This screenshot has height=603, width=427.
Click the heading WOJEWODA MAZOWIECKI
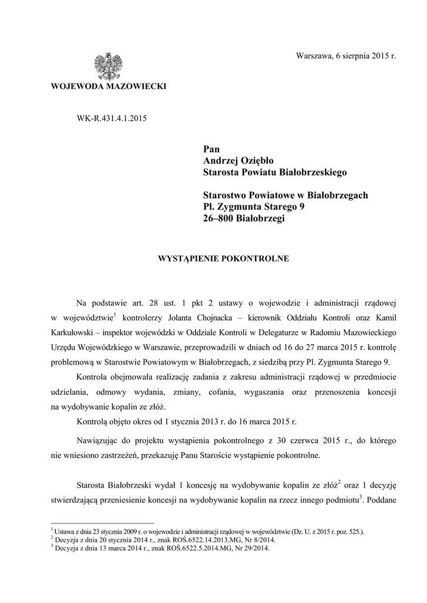[109, 87]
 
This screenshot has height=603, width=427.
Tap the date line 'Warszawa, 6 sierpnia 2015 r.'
[346, 56]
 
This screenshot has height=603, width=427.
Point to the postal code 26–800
[218, 218]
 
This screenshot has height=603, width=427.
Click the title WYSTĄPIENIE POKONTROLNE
[221, 259]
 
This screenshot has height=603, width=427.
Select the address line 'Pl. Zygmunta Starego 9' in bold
[254, 207]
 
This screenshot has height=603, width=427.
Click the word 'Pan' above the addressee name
[211, 149]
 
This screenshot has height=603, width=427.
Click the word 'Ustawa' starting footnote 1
[65, 531]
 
